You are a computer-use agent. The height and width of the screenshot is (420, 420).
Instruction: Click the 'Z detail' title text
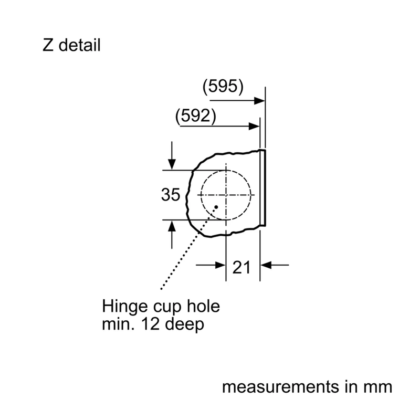(71, 45)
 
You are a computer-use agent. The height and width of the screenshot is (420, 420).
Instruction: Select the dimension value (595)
(223, 87)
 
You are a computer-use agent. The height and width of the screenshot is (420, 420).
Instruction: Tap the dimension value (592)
(195, 116)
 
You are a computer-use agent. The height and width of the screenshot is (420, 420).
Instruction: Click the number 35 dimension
(170, 194)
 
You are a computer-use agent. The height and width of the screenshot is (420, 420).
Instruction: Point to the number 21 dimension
(241, 267)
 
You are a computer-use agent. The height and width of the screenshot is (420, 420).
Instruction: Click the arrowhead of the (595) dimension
(259, 101)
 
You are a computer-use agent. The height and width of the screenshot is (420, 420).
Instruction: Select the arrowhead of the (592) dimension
(254, 126)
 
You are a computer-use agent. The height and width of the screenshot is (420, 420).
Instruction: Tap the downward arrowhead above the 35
(172, 164)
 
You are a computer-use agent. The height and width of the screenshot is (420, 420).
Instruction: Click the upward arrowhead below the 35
(172, 226)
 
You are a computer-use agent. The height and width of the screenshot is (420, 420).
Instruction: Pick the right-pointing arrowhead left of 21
(220, 265)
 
